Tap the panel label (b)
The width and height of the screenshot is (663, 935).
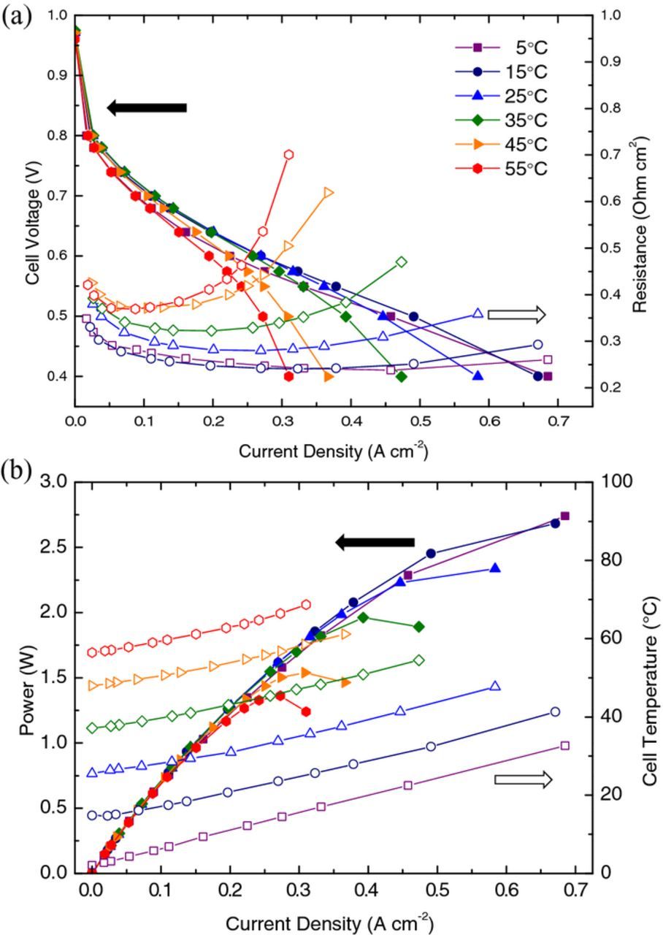pyautogui.click(x=16, y=471)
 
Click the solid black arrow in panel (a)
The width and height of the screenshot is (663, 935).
pyautogui.click(x=147, y=108)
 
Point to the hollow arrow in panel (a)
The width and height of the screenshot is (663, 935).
pyautogui.click(x=516, y=315)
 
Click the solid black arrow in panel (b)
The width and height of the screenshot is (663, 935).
pyautogui.click(x=375, y=542)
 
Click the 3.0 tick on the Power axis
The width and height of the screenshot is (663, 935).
pyautogui.click(x=55, y=482)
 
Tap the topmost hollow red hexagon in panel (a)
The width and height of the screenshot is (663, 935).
pyautogui.click(x=288, y=154)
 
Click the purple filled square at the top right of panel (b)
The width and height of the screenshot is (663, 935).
pyautogui.click(x=564, y=516)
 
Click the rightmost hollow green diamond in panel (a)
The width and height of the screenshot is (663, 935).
pyautogui.click(x=401, y=262)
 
